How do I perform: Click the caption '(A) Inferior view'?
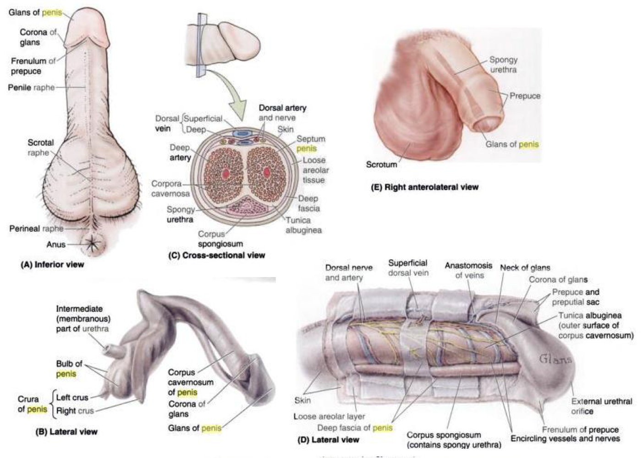(52, 264)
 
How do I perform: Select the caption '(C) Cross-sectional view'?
(216, 255)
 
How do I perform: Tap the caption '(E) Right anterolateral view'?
(424, 187)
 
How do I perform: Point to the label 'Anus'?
(56, 245)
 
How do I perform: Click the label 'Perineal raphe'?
(36, 229)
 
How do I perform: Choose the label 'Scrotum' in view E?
(381, 164)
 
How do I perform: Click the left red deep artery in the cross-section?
(225, 173)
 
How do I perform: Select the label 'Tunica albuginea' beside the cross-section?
(303, 225)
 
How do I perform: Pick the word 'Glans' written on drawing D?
(555, 359)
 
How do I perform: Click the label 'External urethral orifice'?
(601, 406)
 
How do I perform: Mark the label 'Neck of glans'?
(525, 268)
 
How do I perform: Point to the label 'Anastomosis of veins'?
(468, 270)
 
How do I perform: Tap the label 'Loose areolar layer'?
(329, 416)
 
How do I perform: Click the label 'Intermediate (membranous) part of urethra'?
(83, 319)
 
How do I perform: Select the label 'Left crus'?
(72, 398)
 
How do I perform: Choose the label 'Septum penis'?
(311, 144)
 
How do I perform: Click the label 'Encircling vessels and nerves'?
(565, 439)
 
